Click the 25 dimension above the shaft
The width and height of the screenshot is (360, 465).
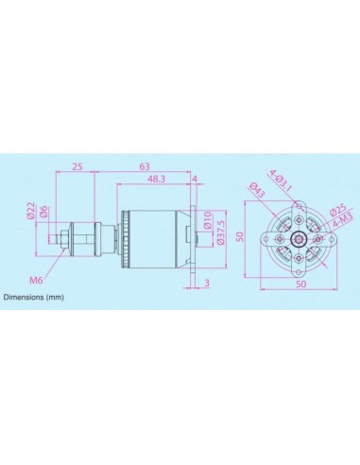(77, 167)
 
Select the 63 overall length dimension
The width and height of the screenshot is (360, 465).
(145, 167)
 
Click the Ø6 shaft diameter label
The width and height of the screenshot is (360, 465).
(43, 212)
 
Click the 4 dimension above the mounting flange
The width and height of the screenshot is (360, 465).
(195, 179)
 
